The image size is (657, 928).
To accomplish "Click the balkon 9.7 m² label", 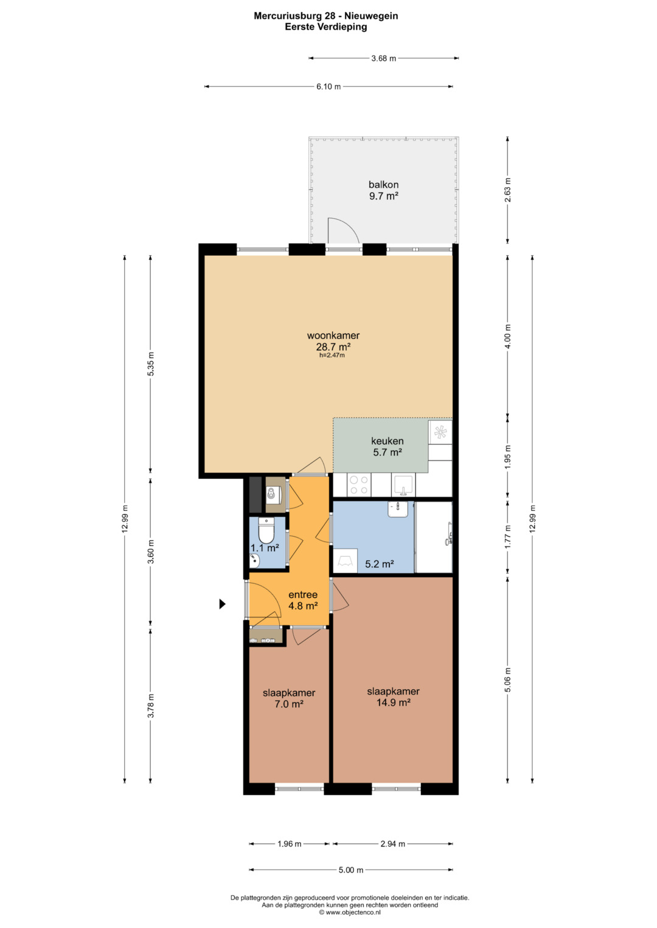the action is click(x=384, y=190).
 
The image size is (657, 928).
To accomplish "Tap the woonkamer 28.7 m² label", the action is click(x=333, y=340).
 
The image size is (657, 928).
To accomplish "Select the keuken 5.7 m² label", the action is click(x=388, y=446).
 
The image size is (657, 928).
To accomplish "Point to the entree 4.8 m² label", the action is click(x=303, y=600).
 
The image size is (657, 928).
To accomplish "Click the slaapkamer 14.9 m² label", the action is click(x=393, y=696).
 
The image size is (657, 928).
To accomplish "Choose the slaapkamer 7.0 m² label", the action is click(x=289, y=698).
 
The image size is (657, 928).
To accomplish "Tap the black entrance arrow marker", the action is click(x=222, y=604).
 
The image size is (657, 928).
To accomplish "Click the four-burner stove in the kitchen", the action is click(x=359, y=485).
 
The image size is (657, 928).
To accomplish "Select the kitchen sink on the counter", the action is click(x=403, y=485).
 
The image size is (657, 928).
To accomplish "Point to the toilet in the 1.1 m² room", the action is click(x=266, y=530).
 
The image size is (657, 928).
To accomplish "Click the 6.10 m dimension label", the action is click(x=328, y=86).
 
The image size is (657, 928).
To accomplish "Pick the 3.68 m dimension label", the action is click(x=384, y=58).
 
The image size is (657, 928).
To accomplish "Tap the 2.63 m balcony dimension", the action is click(x=508, y=190).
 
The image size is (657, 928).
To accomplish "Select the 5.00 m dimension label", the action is click(x=351, y=870).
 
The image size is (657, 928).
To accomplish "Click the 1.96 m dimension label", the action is click(x=290, y=844).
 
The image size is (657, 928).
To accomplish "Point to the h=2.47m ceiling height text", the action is click(x=332, y=355).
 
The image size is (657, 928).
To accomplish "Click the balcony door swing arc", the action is click(x=346, y=225).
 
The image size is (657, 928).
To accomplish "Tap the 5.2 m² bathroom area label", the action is click(x=380, y=564).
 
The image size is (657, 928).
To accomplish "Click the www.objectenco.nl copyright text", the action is click(x=350, y=912).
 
